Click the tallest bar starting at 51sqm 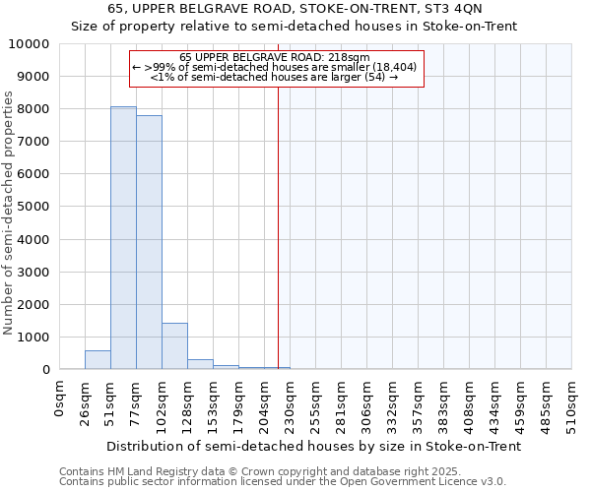(123, 238)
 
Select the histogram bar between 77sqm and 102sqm (149, 242)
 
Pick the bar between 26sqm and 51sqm (98, 360)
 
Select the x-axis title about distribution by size (313, 446)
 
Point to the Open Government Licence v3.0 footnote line (283, 482)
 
